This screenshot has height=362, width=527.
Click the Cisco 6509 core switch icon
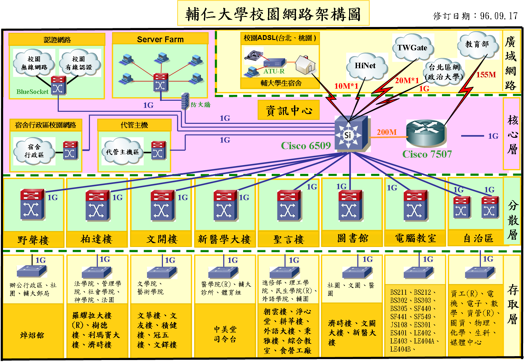(351, 134)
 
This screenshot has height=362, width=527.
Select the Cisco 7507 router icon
(426, 133)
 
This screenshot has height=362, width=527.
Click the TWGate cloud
(413, 47)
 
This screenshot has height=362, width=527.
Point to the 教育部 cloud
(478, 45)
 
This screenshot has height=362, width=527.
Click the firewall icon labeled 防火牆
(185, 101)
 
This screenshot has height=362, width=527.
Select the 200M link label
(387, 132)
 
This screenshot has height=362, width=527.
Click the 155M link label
(486, 75)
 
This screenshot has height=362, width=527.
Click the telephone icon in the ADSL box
(253, 55)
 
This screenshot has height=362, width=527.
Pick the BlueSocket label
(32, 92)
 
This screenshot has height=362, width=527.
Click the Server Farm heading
(160, 39)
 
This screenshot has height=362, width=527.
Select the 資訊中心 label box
(289, 110)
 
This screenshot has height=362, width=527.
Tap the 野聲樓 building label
(33, 240)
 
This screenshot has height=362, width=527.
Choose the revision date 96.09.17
(499, 16)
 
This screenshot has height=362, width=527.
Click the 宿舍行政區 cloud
(34, 151)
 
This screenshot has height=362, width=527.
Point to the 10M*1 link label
(346, 86)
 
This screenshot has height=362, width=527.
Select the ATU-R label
(274, 71)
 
